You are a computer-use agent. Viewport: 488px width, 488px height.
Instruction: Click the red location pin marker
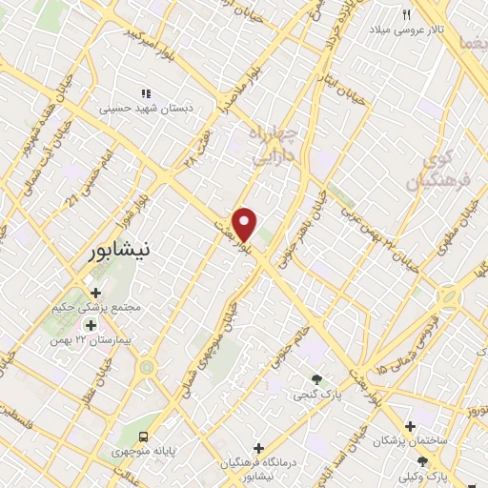[x=245, y=223]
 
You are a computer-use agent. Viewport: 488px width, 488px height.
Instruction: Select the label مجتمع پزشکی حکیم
[x=99, y=309]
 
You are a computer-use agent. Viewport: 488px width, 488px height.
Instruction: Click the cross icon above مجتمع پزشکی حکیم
[x=94, y=293]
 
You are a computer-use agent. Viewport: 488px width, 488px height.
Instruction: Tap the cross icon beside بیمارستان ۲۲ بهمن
[x=91, y=326]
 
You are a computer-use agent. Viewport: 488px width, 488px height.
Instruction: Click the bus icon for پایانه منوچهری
[x=142, y=436]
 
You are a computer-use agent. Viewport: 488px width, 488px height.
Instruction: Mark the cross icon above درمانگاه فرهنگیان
[x=258, y=447]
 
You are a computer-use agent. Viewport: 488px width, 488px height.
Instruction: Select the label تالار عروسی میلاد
[x=410, y=30]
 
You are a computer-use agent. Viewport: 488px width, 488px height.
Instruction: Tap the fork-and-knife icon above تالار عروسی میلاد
[x=406, y=13]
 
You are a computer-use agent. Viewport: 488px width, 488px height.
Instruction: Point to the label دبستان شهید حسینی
[x=147, y=110]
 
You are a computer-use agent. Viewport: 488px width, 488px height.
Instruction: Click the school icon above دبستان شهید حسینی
[x=146, y=93]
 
